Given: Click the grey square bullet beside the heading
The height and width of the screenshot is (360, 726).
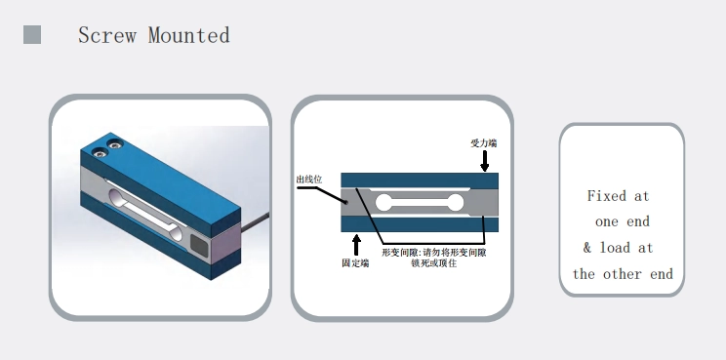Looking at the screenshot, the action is tap(32, 35).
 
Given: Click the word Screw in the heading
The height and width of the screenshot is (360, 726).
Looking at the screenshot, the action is tap(107, 35).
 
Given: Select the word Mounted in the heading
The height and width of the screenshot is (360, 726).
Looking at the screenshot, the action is tap(189, 35).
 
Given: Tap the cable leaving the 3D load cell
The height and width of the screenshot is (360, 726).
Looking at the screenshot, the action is tap(255, 221).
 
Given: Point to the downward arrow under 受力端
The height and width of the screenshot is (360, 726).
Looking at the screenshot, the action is tap(484, 161).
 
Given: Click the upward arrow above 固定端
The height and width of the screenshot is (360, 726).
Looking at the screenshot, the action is tap(356, 245).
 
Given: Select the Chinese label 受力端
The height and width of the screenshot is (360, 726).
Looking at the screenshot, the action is tap(483, 143).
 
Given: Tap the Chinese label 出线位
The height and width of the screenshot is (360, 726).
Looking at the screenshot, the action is tap(308, 180).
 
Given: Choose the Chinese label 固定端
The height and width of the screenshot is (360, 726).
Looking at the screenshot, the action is tap(355, 262).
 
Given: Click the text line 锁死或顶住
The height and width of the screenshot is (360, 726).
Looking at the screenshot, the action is tap(434, 262).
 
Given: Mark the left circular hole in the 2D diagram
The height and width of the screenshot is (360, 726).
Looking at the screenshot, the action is tap(383, 203).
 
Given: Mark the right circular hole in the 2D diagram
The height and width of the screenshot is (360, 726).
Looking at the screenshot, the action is tap(456, 203).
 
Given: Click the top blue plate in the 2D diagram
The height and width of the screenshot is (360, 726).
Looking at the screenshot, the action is tap(420, 180).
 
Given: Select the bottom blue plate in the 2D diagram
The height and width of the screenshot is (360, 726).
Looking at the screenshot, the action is tap(420, 224).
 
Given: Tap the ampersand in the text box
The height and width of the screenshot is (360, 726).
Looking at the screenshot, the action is tap(587, 248).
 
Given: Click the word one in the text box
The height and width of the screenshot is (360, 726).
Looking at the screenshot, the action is tap(607, 221).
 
